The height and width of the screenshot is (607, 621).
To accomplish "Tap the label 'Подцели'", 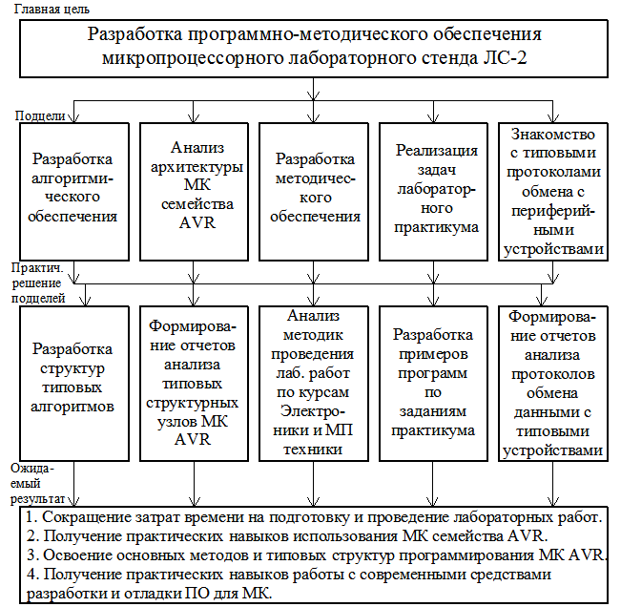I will [x=40, y=115].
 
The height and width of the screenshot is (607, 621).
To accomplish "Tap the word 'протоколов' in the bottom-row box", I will [x=554, y=371].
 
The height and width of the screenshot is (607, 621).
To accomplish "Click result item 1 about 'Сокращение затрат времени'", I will [x=314, y=517].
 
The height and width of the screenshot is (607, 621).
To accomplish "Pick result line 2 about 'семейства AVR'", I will [x=286, y=536].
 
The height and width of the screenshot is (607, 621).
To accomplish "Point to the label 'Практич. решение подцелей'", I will [x=38, y=284].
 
